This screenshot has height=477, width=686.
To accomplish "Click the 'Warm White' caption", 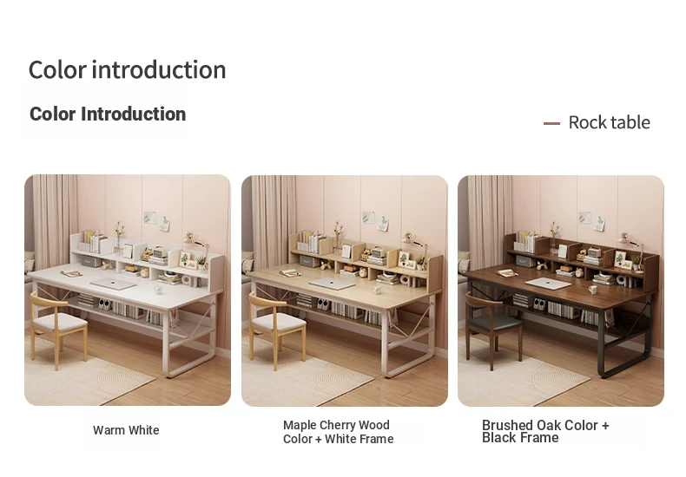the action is tap(126, 430).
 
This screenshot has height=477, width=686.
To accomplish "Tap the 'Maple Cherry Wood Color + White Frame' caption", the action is tap(338, 432).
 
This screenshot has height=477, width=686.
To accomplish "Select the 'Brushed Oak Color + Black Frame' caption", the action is tap(545, 431).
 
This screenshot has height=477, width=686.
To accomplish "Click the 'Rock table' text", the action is tap(609, 123).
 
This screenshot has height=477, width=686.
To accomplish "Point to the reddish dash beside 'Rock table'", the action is tap(551, 124).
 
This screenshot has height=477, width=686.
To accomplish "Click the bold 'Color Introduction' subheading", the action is tap(108, 114).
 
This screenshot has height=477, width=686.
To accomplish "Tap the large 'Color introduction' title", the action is tap(127, 70).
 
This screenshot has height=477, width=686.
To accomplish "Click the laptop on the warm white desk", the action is tap(113, 284).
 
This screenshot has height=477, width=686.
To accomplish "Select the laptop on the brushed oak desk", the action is tap(548, 284).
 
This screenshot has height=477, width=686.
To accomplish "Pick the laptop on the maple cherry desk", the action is tap(332, 284).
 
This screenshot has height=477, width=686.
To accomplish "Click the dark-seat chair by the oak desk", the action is tap(493, 330).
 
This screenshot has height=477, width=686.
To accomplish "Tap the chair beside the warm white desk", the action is tap(58, 330).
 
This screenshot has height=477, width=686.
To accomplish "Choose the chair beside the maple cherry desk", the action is tap(277, 330).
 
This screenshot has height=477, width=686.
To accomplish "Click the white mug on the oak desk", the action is tap(592, 290).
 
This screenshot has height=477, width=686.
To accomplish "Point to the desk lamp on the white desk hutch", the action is tap(195, 248).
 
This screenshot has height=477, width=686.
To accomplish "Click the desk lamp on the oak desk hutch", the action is tap(630, 248).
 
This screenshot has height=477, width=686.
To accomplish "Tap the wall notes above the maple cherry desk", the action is tap(376, 221).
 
